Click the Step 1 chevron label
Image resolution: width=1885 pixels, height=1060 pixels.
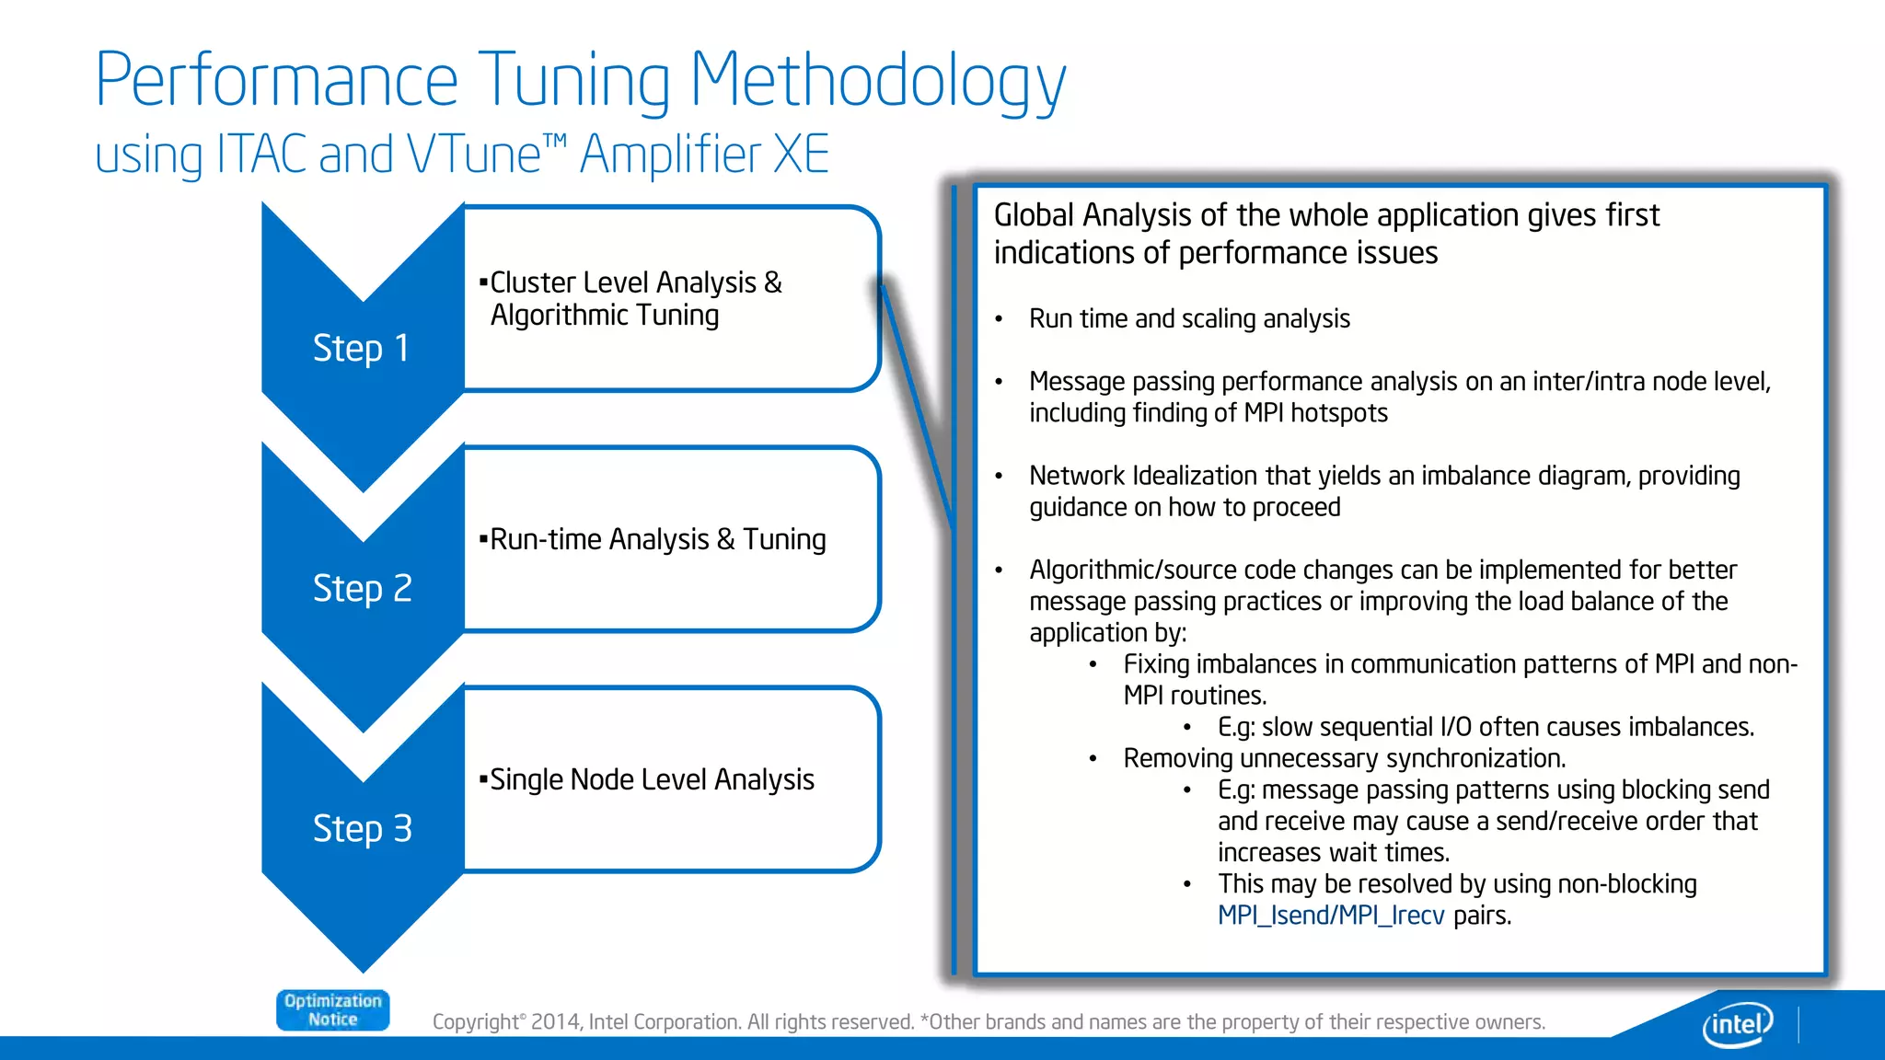(x=361, y=349)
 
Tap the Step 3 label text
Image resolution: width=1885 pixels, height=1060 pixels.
(x=362, y=829)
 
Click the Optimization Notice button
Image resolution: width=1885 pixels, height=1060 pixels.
(x=332, y=1010)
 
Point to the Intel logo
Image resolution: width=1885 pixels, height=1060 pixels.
(x=1737, y=1023)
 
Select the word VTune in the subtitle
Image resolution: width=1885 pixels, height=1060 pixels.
(x=474, y=155)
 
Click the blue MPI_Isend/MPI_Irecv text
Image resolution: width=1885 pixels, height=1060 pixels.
(x=1330, y=916)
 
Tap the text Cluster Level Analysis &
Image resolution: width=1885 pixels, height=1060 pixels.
(x=635, y=282)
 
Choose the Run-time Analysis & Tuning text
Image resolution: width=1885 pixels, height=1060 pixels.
(x=657, y=539)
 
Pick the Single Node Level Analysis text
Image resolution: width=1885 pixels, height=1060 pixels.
(x=652, y=780)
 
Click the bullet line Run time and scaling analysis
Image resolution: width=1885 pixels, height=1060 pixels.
(x=1188, y=319)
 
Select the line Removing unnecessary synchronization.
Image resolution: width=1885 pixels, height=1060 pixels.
(x=1344, y=758)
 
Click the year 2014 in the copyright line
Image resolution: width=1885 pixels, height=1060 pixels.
(x=555, y=1022)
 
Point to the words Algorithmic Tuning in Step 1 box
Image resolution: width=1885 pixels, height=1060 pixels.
(x=604, y=316)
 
